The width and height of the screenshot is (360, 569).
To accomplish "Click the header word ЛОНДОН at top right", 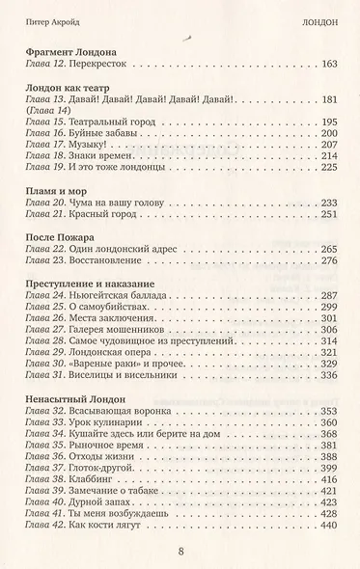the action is [x=320, y=16].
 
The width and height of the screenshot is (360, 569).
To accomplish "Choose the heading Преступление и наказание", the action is [x=87, y=284].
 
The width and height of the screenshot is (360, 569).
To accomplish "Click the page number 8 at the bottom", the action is [x=180, y=551].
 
